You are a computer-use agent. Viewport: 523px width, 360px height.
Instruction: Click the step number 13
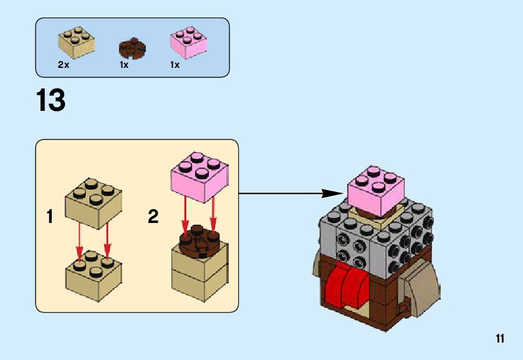tap(51, 100)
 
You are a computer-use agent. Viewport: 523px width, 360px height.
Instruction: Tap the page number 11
tap(499, 338)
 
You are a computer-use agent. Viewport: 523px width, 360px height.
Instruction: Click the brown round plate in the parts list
tap(132, 47)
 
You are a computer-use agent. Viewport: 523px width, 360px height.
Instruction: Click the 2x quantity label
tap(63, 65)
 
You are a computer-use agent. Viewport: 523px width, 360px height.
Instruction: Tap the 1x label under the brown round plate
tap(124, 65)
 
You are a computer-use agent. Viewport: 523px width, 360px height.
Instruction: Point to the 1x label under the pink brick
tap(175, 65)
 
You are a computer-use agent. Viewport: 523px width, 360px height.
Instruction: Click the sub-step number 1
tap(50, 217)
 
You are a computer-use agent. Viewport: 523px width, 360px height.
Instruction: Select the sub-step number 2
tap(153, 217)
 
